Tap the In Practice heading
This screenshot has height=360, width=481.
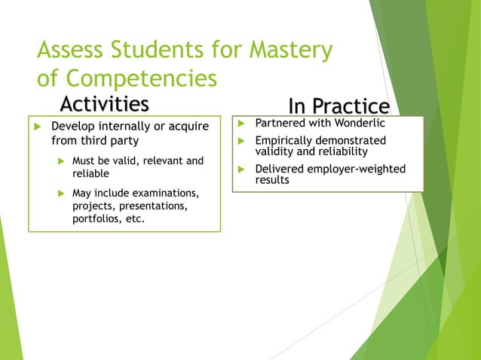tap(339, 106)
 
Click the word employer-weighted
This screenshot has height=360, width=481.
tap(355, 169)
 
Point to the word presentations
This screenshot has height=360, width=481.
tap(161, 206)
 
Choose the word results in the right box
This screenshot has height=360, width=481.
tap(272, 180)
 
